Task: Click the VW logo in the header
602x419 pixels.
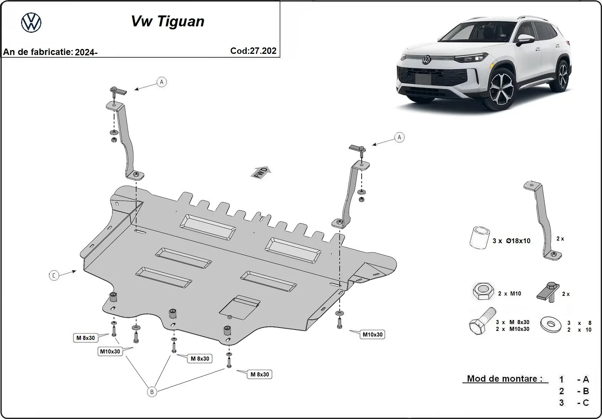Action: (x=31, y=23)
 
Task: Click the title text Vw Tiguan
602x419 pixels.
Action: (x=167, y=21)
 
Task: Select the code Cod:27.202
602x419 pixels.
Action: (x=253, y=51)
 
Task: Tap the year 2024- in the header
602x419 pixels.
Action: (x=86, y=52)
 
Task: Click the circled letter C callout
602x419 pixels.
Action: (x=54, y=276)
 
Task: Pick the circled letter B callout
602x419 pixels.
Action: (x=152, y=392)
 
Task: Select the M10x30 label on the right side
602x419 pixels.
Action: (x=372, y=334)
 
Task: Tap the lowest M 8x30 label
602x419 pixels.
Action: (x=260, y=374)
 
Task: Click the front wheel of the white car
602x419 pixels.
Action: (x=505, y=91)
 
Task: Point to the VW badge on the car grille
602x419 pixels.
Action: (x=426, y=59)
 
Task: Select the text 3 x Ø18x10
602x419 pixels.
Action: (x=511, y=241)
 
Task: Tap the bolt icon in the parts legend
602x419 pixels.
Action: (x=482, y=322)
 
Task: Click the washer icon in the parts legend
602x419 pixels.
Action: (x=550, y=324)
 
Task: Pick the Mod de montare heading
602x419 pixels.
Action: (x=502, y=379)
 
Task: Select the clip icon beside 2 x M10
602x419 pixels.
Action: (x=548, y=292)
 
